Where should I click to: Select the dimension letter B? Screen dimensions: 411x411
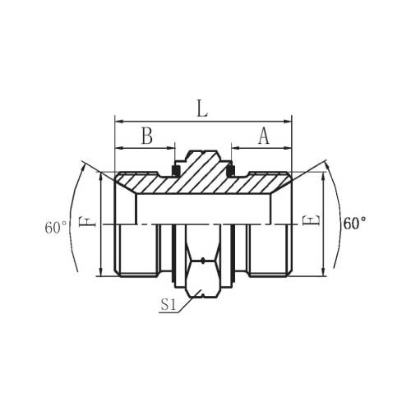(147, 136)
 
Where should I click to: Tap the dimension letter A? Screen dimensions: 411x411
(264, 136)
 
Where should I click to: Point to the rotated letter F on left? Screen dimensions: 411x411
(87, 221)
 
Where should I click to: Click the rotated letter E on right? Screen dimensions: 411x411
(311, 220)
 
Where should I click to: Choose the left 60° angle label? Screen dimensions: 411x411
(56, 228)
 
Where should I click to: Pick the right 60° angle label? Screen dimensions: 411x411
(355, 224)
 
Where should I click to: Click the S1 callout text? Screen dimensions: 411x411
(168, 304)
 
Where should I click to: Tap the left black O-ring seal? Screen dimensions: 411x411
(175, 171)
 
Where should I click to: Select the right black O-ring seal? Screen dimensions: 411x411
(231, 171)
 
